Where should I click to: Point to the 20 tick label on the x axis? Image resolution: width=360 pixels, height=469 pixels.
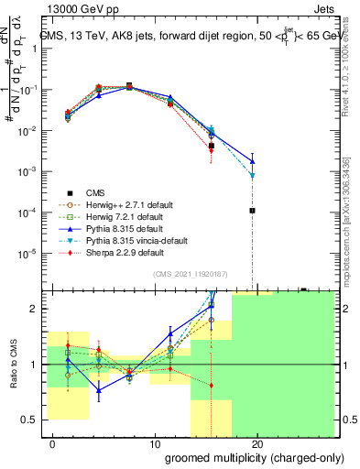pyautogui.click(x=257, y=444)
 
